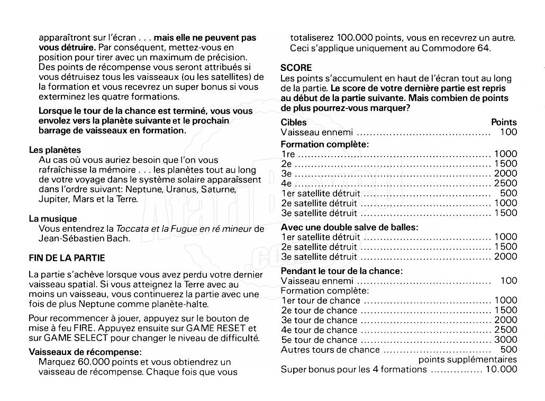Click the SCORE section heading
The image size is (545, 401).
coord(296,68)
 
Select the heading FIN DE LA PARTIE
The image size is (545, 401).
coord(67,258)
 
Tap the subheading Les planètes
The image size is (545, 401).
coord(54,150)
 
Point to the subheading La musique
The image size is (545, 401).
coord(53,218)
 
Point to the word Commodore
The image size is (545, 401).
coord(444,49)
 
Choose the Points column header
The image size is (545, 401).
coord(504,122)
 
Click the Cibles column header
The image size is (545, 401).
coord(294,122)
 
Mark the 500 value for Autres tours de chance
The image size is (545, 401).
coord(508,349)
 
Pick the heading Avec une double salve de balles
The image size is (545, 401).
coord(349,227)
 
